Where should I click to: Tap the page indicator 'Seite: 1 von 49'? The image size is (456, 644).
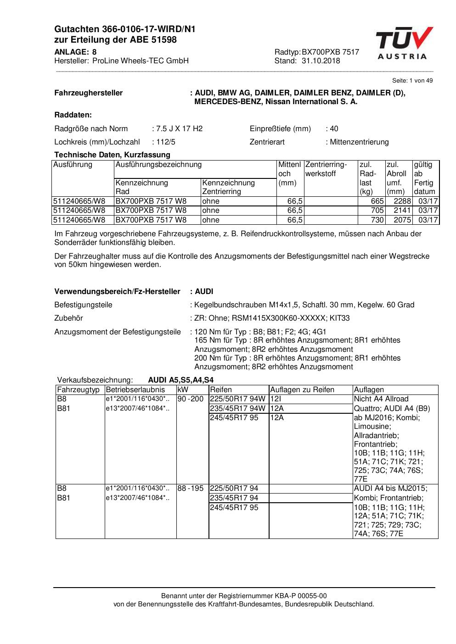coord(412,80)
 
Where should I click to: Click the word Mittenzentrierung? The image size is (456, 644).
coord(359,142)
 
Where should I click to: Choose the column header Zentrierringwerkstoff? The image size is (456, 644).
coord(326,169)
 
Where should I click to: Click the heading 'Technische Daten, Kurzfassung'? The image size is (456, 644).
coord(112,155)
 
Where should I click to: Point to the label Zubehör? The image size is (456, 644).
coord(68,318)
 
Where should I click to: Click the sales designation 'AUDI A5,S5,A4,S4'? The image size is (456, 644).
coord(180,380)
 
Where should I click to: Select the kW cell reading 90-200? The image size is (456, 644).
coord(190,399)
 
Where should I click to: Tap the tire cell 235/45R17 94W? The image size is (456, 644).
coord(237,408)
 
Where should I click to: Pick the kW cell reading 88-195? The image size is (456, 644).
coord(190,489)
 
